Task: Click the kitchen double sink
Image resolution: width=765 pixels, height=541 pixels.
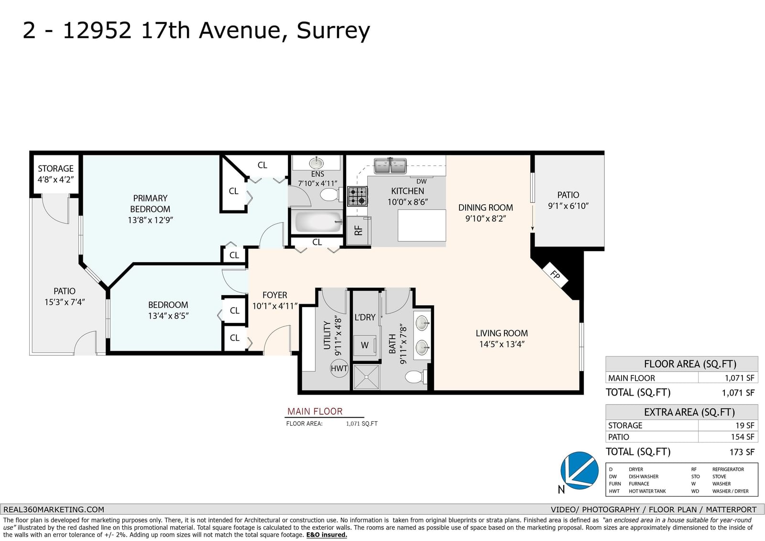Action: [390, 166]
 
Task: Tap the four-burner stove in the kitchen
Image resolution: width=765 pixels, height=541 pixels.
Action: [358, 197]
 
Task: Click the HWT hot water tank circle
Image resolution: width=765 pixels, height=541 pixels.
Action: [339, 368]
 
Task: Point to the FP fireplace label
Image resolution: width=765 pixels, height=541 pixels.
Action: [555, 275]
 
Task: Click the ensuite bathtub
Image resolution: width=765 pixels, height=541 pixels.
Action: [318, 222]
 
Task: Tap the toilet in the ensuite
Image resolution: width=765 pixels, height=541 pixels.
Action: [329, 195]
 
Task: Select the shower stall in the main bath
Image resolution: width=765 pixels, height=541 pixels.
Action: [366, 377]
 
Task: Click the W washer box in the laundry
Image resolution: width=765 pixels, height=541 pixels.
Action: [365, 345]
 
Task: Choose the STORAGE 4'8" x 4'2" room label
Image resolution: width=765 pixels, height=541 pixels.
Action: [55, 174]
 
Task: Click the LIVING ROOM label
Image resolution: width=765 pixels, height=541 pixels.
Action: [502, 333]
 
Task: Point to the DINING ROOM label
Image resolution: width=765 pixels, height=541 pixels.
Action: [486, 208]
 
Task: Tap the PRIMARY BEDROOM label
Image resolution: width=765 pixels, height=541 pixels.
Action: [150, 203]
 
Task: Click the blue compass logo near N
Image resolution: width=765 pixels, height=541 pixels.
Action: [579, 471]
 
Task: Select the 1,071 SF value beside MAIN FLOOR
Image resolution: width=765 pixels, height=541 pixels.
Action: [739, 378]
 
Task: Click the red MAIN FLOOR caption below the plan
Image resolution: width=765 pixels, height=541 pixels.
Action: [315, 411]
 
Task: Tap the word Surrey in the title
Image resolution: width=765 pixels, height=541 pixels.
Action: [333, 31]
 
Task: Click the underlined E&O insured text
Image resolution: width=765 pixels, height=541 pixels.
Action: [327, 535]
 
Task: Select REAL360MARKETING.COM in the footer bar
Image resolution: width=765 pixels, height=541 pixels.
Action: [54, 509]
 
